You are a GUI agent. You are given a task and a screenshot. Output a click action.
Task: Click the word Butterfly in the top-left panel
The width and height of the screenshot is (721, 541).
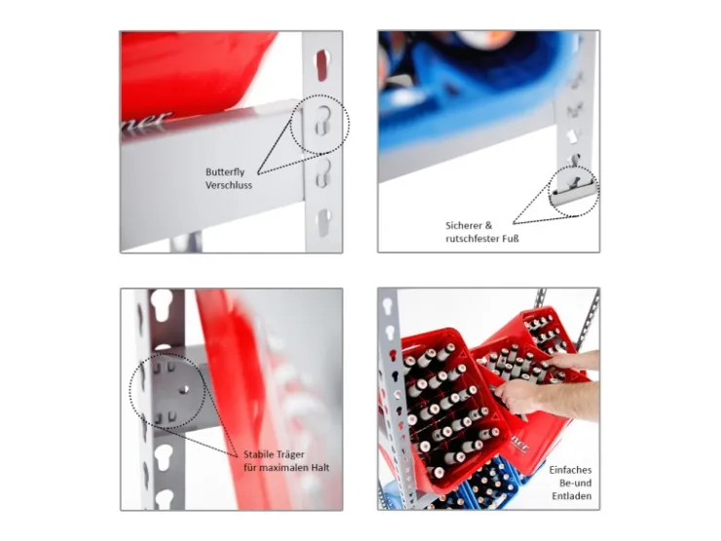pyautogui.click(x=225, y=173)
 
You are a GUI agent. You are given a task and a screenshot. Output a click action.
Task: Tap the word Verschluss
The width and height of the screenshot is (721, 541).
pyautogui.click(x=229, y=185)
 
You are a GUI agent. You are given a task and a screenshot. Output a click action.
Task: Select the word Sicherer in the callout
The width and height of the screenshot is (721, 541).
pyautogui.click(x=463, y=225)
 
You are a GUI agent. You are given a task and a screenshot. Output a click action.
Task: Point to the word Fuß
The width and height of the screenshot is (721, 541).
pyautogui.click(x=511, y=239)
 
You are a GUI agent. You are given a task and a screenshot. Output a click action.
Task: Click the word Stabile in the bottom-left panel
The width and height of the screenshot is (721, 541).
pyautogui.click(x=258, y=454)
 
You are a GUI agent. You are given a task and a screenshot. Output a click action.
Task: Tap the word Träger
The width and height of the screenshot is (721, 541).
pyautogui.click(x=290, y=455)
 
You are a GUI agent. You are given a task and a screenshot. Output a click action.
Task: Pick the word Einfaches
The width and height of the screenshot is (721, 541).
pyautogui.click(x=570, y=470)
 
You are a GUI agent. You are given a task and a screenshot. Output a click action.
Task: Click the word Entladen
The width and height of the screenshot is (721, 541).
pyautogui.click(x=572, y=496)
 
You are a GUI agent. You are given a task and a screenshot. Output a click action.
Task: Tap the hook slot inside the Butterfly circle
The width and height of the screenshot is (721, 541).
pyautogui.click(x=323, y=121)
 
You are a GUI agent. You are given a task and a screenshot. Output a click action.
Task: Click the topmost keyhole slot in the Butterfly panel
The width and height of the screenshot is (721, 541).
pyautogui.click(x=323, y=65)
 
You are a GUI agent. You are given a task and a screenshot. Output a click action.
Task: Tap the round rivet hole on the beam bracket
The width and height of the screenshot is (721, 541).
pyautogui.click(x=184, y=390)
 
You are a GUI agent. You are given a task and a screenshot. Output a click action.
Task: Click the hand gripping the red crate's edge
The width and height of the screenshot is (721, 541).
pyautogui.click(x=518, y=396)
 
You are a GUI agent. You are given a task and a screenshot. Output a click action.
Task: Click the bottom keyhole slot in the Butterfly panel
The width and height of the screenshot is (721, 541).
pyautogui.click(x=323, y=222)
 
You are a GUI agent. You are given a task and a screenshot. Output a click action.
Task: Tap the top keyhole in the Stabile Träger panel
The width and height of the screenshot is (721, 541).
pyautogui.click(x=162, y=304)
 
